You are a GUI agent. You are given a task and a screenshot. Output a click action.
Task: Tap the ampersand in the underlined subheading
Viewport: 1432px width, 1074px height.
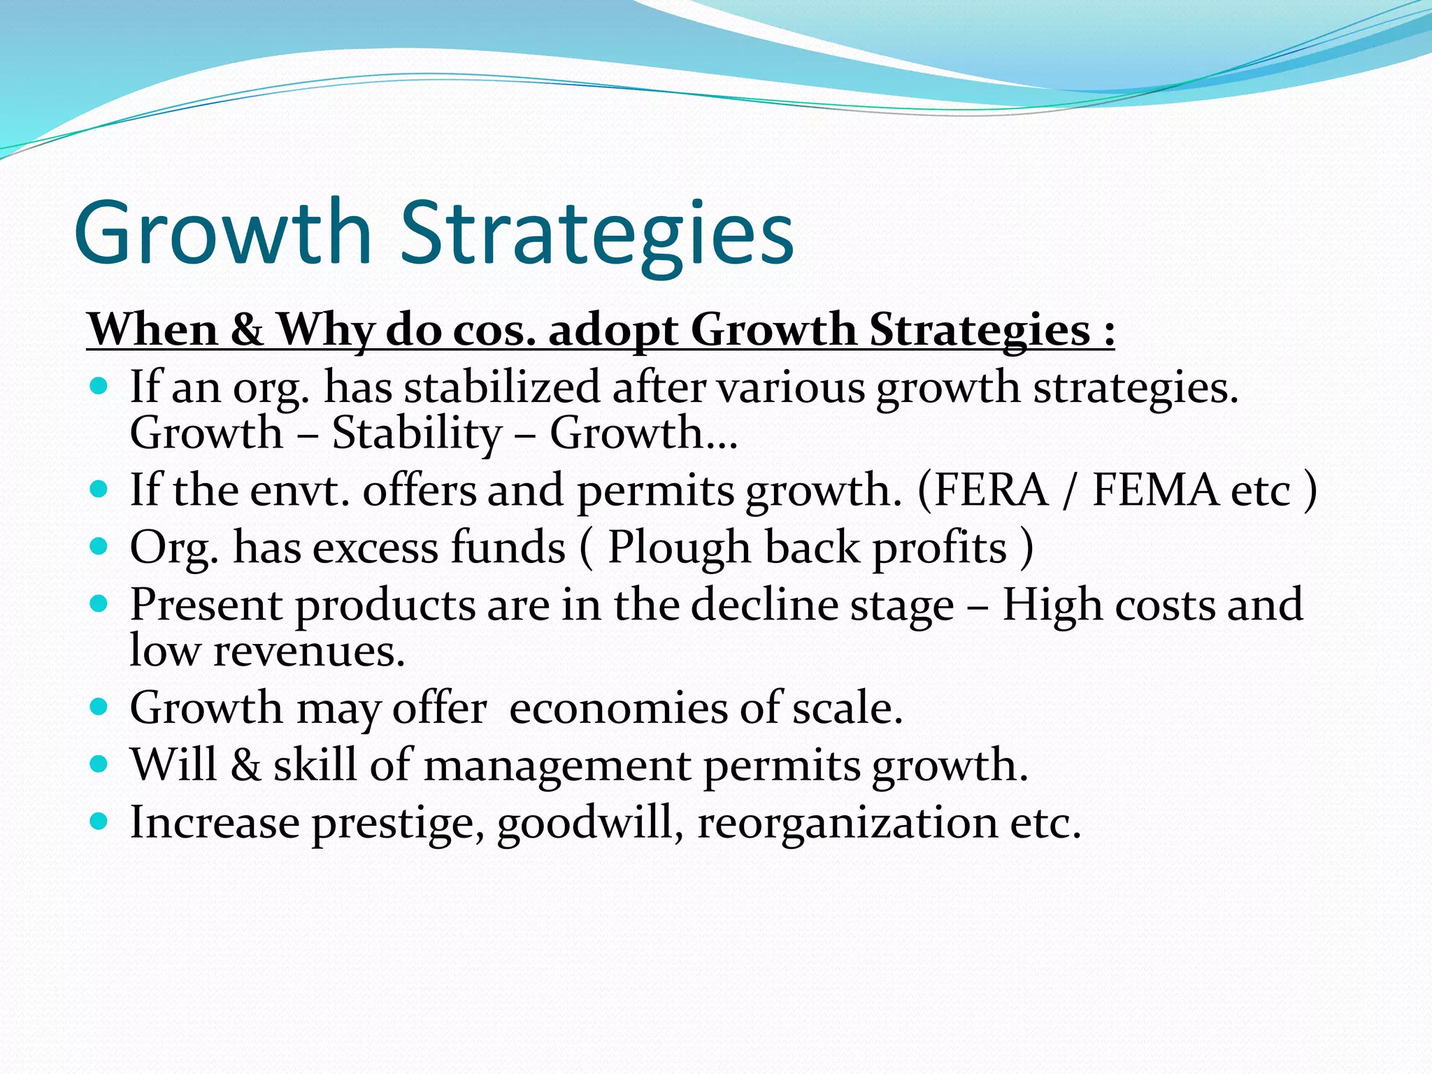[x=247, y=329]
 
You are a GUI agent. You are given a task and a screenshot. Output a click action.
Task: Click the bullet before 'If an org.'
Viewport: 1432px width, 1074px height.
[x=99, y=385]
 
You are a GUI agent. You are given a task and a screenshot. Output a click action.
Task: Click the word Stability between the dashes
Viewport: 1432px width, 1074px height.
[x=417, y=433]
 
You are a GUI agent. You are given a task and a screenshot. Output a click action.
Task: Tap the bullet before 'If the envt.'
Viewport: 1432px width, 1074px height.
[x=99, y=488]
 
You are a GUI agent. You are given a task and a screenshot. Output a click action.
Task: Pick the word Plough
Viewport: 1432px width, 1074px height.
[x=678, y=547]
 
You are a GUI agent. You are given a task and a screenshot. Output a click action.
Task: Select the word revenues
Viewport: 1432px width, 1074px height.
[x=308, y=651]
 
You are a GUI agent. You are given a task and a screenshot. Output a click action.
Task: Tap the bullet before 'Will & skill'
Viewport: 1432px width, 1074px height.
[x=99, y=764]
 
